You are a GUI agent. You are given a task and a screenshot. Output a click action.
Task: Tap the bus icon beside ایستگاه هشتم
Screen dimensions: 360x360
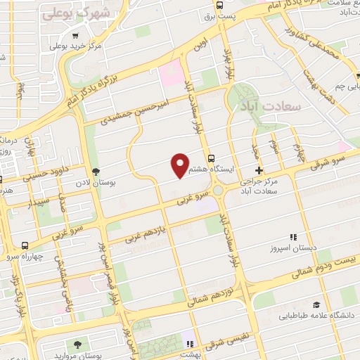211,157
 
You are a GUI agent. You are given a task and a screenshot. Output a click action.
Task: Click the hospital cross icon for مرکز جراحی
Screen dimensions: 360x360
259,170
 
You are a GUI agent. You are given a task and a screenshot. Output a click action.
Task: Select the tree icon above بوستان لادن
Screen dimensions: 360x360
96,172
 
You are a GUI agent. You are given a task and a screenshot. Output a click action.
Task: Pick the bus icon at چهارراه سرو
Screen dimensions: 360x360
25,245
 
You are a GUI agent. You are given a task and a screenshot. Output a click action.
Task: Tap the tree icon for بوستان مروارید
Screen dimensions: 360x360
76,345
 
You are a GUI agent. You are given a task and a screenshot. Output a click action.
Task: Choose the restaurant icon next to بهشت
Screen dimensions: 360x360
188,343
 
